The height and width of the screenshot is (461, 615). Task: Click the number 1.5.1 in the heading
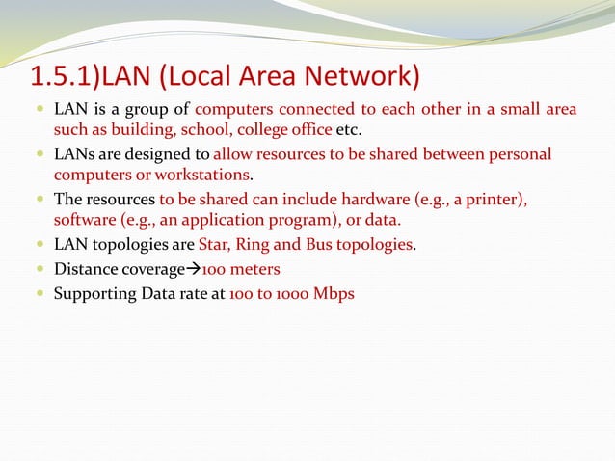61,76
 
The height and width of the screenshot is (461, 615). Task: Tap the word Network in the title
361,76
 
